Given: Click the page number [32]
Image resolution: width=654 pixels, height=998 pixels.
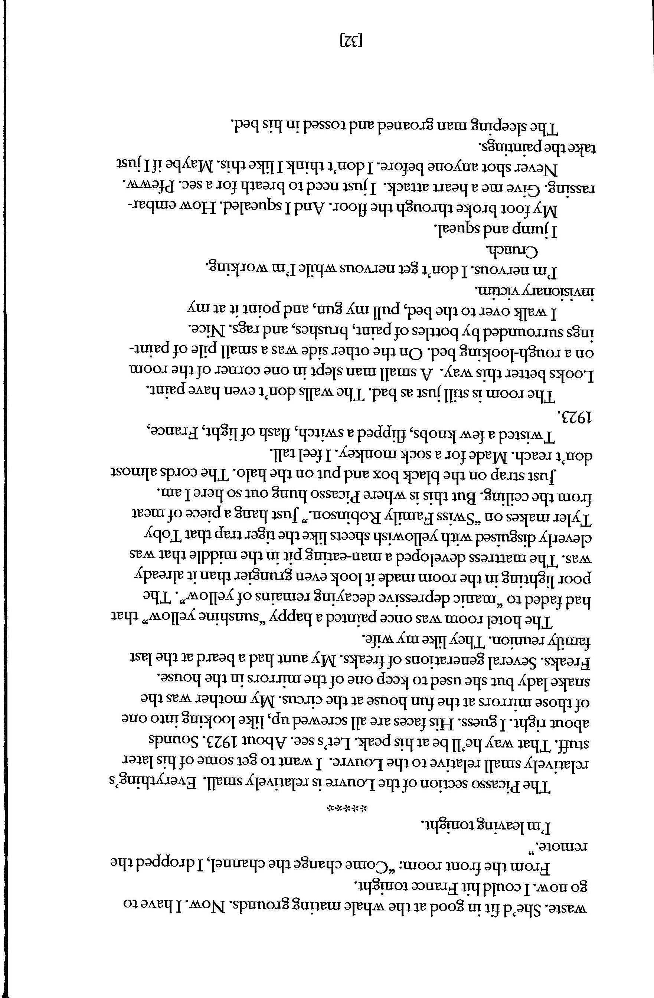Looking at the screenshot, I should click(x=350, y=40).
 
